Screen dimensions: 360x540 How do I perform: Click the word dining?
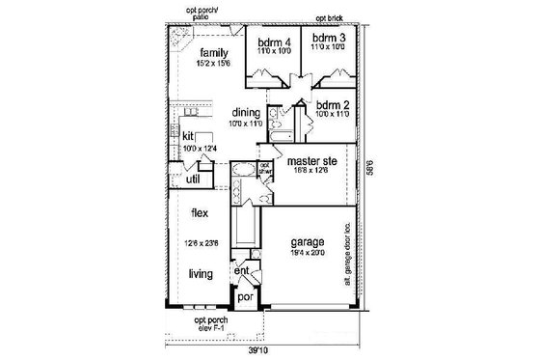tap(246, 113)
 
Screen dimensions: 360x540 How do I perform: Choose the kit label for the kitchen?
tap(189, 136)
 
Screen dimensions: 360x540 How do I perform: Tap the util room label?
tap(191, 179)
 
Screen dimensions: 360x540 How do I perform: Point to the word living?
tap(200, 274)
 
